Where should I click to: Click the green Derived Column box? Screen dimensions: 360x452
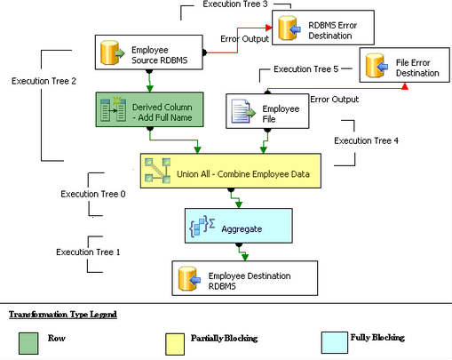pos(149,110)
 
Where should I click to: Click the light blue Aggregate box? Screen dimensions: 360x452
pos(237,228)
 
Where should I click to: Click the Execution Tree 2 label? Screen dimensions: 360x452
pos(44,81)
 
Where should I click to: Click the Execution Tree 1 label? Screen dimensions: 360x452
pos(88,252)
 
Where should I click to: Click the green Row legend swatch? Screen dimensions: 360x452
pos(28,343)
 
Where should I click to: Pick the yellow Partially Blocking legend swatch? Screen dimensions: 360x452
pos(176,343)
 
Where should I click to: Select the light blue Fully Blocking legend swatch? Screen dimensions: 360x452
pos(329,343)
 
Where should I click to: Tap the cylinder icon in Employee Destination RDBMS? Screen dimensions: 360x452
pos(190,279)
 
